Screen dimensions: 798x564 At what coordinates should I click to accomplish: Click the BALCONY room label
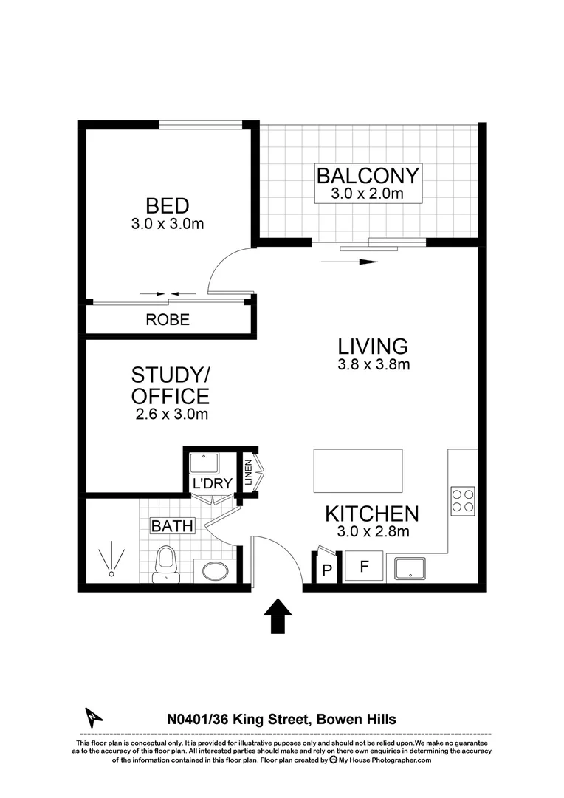tap(368, 176)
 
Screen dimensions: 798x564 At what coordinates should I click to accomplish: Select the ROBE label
tap(168, 320)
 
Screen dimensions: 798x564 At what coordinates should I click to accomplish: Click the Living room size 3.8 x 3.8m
tap(373, 364)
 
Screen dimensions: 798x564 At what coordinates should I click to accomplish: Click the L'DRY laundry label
tap(213, 484)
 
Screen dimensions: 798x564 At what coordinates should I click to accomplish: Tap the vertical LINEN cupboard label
tap(249, 472)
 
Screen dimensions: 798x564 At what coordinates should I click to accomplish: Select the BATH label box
tap(172, 526)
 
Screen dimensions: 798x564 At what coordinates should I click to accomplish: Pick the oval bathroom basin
tap(215, 572)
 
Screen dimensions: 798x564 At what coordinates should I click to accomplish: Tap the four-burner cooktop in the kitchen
tap(463, 500)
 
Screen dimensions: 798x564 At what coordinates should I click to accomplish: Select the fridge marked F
tap(363, 568)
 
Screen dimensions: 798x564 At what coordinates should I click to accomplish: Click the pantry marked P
tap(326, 570)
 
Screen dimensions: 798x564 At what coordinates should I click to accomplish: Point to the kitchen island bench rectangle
tap(358, 470)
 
